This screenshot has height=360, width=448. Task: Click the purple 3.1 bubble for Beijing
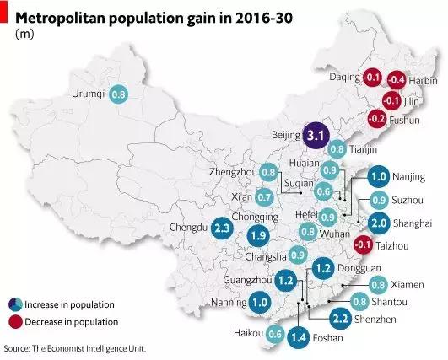(316, 135)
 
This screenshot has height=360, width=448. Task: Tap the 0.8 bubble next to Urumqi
(119, 94)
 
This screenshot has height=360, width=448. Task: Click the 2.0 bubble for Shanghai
(379, 223)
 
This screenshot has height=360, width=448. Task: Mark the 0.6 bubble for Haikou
(274, 334)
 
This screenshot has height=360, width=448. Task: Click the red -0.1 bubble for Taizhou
(362, 244)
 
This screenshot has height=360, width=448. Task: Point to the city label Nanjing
(408, 179)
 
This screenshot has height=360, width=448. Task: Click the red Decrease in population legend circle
(16, 322)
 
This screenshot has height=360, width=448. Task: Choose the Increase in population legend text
(71, 304)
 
